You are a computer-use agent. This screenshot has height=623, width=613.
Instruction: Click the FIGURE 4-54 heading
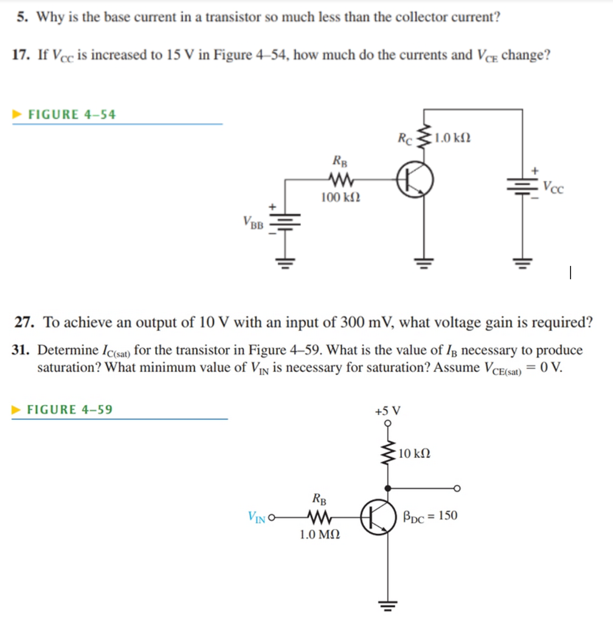[72, 114]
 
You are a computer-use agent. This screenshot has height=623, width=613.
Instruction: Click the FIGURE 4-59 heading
[70, 409]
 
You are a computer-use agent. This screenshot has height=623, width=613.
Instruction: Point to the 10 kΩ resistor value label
[415, 453]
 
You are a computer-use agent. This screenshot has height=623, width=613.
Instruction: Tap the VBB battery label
[252, 222]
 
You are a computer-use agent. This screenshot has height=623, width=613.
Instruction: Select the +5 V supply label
[387, 411]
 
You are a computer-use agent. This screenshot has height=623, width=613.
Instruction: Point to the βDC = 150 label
[430, 516]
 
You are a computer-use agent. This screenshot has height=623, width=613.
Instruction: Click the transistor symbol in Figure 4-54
[415, 180]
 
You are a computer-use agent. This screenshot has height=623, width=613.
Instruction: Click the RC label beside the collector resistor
[404, 137]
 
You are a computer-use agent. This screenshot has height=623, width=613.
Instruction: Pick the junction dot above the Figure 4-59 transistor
[387, 487]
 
